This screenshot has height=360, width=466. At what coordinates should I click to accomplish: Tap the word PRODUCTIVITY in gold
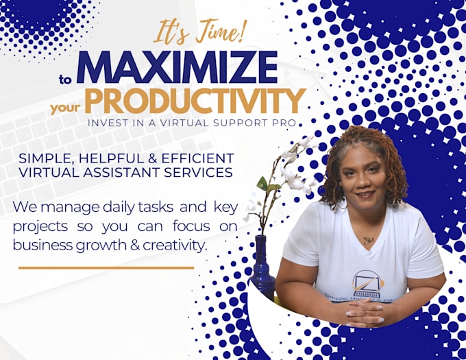pyautogui.click(x=195, y=101)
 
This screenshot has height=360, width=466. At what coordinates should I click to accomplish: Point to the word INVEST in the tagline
pyautogui.click(x=106, y=123)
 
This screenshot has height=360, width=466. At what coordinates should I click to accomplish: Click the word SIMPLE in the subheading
pyautogui.click(x=44, y=158)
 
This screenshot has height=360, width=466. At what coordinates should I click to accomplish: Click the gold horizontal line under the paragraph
pyautogui.click(x=106, y=267)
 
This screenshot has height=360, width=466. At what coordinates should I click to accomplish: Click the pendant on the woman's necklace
pyautogui.click(x=368, y=240)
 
